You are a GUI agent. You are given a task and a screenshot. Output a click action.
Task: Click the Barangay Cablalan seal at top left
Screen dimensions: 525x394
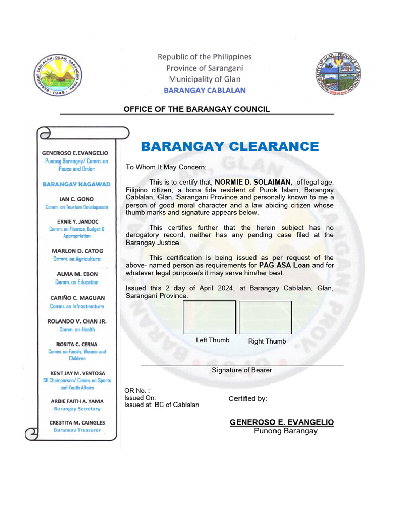(58, 74)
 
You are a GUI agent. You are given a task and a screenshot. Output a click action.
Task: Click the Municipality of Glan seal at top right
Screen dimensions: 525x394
(339, 74)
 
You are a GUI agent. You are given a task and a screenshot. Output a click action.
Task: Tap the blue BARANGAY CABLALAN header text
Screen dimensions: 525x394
(204, 90)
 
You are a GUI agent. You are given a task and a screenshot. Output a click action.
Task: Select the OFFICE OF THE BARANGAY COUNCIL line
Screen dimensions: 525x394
(196, 109)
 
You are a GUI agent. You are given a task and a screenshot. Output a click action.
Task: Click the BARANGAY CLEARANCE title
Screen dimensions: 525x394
(230, 147)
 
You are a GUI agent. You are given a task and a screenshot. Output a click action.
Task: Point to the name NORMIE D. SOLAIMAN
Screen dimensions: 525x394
(253, 181)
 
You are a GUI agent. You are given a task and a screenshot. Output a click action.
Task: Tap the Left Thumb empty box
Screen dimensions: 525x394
(209, 318)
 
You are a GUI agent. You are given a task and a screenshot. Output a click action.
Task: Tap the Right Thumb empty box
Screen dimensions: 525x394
(265, 318)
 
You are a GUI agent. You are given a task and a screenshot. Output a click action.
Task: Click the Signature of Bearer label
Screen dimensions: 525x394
(242, 370)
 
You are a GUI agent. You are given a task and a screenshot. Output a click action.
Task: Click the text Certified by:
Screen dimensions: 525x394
(248, 399)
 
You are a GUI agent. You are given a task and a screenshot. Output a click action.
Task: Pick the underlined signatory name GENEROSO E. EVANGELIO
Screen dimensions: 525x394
(282, 422)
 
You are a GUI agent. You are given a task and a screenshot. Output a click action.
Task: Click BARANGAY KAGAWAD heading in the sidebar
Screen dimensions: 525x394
(76, 184)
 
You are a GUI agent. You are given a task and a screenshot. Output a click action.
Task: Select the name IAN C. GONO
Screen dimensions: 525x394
(76, 199)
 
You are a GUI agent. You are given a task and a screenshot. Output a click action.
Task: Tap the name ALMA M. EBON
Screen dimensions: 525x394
(77, 274)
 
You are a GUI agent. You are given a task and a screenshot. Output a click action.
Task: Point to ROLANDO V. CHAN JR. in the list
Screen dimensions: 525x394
(77, 321)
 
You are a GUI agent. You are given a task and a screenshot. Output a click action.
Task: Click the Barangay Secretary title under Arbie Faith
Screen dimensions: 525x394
(77, 409)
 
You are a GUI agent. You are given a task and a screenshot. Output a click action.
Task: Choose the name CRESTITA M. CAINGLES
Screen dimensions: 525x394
(77, 422)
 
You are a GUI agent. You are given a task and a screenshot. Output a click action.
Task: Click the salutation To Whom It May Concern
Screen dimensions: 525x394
(166, 167)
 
